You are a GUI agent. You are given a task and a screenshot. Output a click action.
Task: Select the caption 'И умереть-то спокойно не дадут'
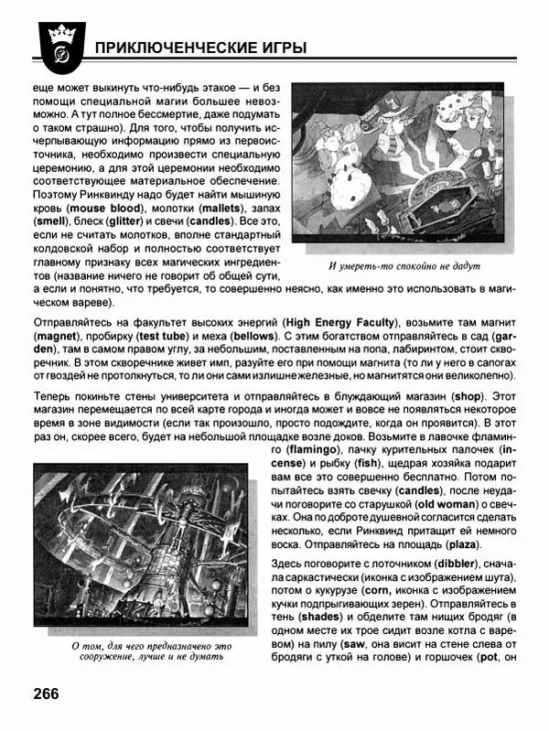pyautogui.click(x=404, y=267)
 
